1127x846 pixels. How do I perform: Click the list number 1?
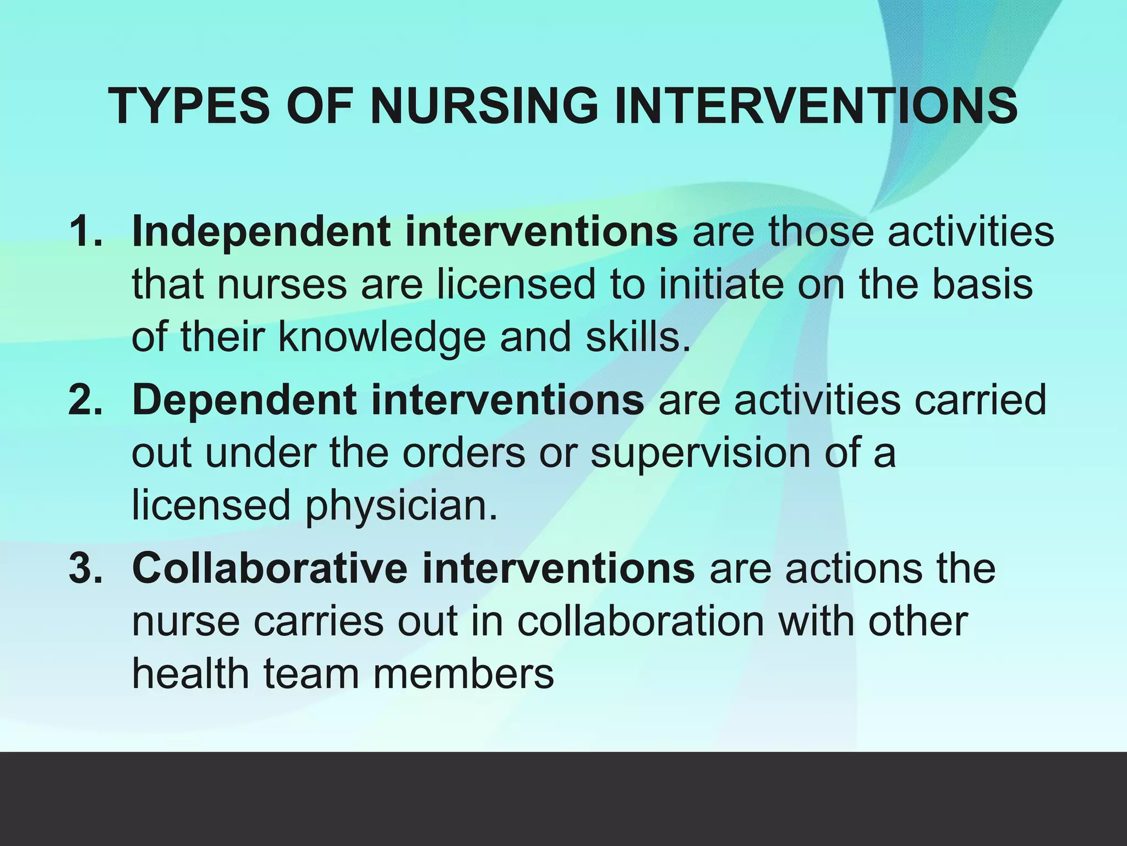click(x=85, y=231)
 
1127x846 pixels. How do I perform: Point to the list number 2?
click(x=85, y=400)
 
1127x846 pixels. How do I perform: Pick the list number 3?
click(x=85, y=568)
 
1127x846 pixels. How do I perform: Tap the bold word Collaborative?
click(x=270, y=568)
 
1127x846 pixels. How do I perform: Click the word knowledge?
click(x=382, y=337)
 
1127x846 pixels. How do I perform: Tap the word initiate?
click(x=721, y=284)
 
